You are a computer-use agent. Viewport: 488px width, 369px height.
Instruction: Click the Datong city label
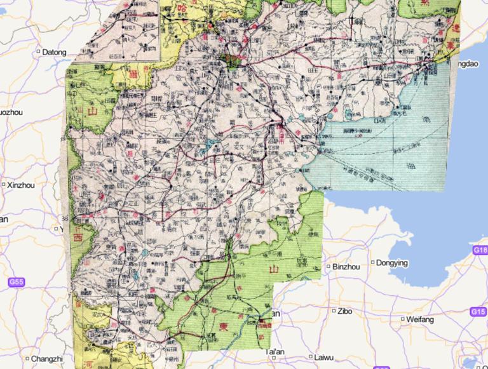[54, 52]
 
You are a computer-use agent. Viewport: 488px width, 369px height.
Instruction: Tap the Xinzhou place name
[22, 185]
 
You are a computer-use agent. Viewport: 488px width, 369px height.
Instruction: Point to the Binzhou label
[346, 267]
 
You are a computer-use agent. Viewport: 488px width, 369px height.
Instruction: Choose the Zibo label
[345, 311]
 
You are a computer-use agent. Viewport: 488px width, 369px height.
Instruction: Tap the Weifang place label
[420, 319]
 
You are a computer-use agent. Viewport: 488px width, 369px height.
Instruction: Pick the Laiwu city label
[323, 357]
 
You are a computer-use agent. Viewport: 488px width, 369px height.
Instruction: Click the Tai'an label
[274, 351]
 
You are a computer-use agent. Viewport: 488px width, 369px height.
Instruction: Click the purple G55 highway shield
[17, 281]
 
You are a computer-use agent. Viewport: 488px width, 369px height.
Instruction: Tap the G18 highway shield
[480, 251]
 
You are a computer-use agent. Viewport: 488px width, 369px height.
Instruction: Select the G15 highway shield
[478, 312]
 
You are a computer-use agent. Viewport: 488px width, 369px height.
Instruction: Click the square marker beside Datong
[39, 52]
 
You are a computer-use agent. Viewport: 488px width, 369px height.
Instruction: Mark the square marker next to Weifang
[403, 319]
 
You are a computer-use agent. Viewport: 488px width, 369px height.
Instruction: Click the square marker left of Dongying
[373, 262]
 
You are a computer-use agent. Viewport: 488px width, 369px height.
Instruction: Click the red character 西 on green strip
[78, 237]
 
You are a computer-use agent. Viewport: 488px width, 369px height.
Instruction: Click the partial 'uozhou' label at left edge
[11, 112]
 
